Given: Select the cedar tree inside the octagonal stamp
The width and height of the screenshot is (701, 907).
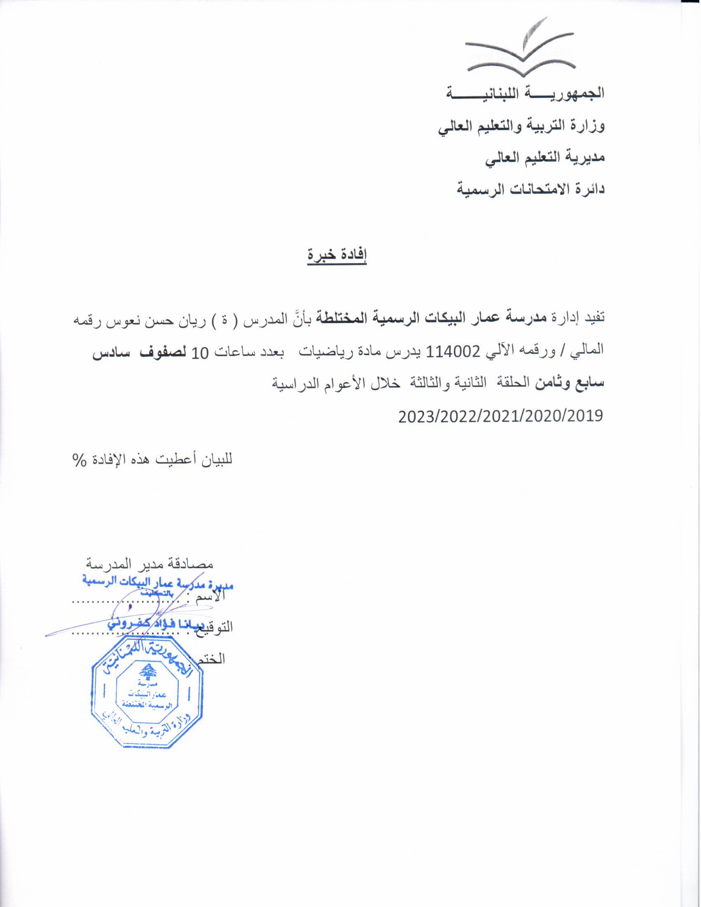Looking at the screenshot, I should tap(146, 673).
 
